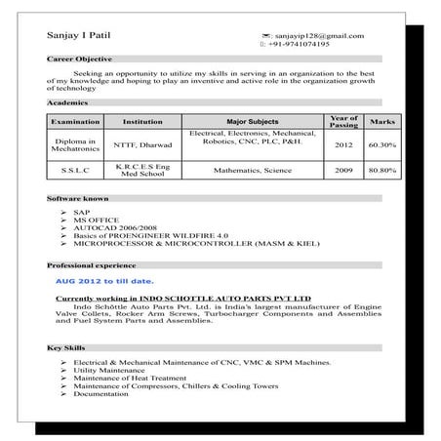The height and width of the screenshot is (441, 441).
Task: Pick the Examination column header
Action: point(75,121)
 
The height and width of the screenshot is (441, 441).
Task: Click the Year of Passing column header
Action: point(343,121)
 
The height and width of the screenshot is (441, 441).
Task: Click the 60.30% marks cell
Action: point(381,145)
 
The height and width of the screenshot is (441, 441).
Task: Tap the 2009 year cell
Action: point(343,170)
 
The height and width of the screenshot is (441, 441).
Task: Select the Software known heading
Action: point(78,198)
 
